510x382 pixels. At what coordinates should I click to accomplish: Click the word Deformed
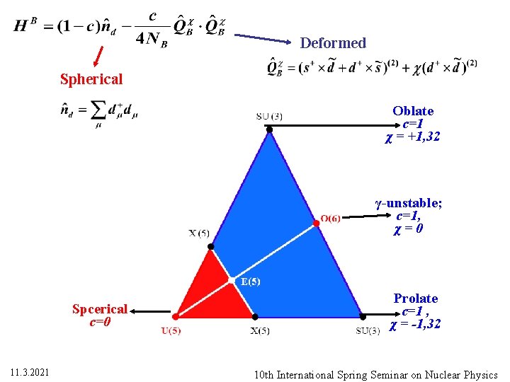tap(333, 43)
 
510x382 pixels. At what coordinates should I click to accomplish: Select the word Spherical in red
tap(91, 79)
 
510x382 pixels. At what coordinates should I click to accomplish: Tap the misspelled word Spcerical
tap(100, 309)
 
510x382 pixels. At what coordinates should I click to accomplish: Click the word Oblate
tap(413, 111)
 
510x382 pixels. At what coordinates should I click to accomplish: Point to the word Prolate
tap(416, 299)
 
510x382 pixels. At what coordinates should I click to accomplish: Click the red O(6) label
tap(331, 218)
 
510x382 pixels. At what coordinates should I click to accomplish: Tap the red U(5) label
tap(171, 330)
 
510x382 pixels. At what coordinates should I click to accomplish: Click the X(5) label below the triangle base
tap(260, 331)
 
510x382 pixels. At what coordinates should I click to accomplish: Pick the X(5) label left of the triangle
tap(198, 233)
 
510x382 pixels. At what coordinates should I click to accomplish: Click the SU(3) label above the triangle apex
tap(269, 116)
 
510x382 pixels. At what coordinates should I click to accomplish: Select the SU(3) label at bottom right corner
tap(373, 331)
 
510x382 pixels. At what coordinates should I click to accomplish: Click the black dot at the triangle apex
tap(269, 129)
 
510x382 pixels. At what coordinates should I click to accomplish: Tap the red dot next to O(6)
tap(317, 223)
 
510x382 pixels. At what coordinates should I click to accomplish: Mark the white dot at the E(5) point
tap(235, 281)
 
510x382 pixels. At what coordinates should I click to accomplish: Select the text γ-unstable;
tap(409, 204)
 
